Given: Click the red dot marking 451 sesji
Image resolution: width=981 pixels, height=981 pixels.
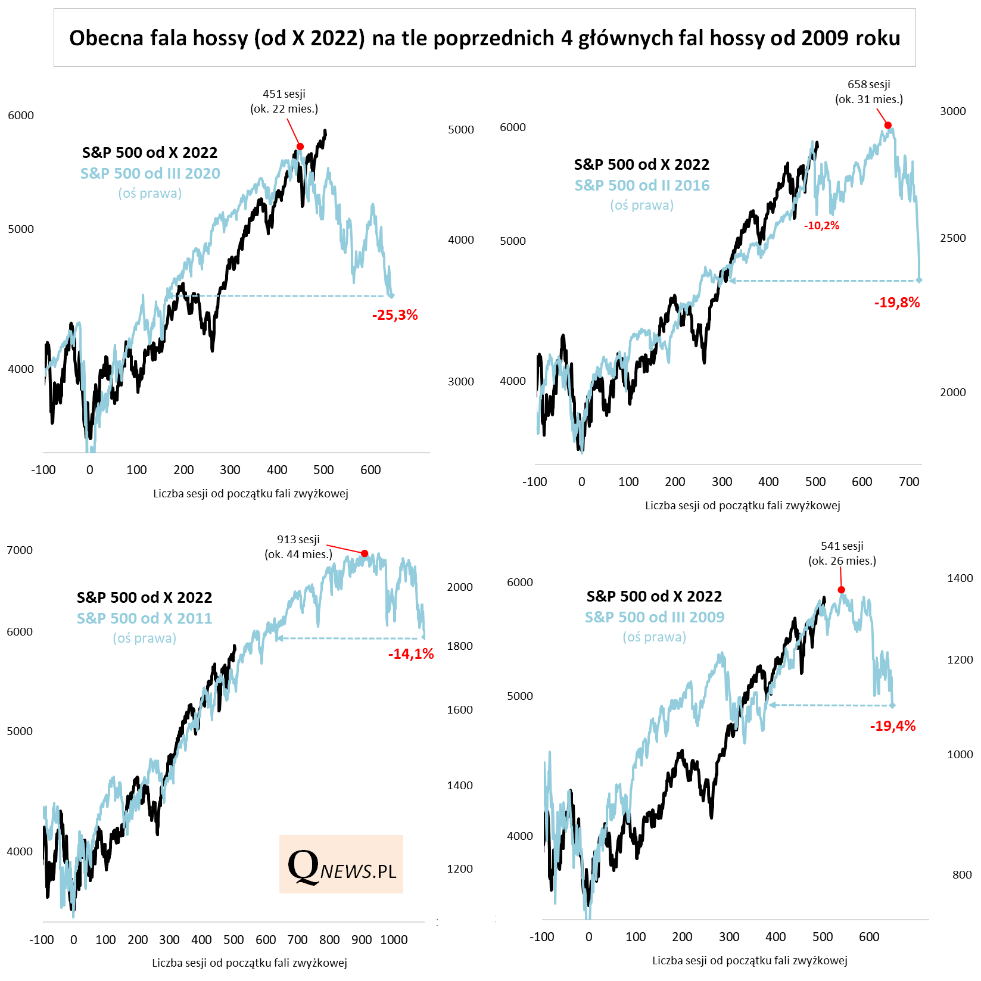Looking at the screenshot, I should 300,147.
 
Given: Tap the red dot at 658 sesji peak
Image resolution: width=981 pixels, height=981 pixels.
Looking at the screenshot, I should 888,125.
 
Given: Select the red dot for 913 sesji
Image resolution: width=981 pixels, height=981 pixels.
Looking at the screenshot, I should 365,553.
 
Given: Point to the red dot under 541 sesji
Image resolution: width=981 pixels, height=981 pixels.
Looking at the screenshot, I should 842,590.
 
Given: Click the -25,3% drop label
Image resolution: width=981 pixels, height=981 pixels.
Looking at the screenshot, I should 395,315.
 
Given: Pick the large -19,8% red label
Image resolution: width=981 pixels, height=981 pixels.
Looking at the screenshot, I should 897,303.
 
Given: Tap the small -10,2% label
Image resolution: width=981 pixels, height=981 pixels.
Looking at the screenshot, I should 821,226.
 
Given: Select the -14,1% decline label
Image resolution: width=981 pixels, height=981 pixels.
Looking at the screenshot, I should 411,654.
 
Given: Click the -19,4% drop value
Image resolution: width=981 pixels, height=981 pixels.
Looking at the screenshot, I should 893,726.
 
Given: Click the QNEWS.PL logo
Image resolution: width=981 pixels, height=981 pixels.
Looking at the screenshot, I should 341,864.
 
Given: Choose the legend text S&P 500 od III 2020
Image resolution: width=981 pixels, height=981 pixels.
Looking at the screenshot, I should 150,173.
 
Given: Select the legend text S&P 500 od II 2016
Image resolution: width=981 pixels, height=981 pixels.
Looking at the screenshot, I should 642,185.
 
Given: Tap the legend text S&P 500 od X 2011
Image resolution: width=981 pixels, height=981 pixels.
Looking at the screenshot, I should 144,618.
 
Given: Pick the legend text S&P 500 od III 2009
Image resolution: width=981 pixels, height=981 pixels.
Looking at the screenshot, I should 655,617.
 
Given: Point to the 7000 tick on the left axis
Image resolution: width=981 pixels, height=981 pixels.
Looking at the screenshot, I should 20,550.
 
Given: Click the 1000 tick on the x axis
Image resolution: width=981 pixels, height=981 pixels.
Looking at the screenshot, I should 394,940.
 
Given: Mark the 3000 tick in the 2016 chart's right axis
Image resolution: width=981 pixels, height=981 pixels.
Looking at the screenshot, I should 952,111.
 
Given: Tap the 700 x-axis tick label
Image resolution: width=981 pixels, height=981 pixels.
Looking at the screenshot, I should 909,482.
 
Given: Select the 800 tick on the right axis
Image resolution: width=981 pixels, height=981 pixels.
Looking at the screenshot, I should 962,875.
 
